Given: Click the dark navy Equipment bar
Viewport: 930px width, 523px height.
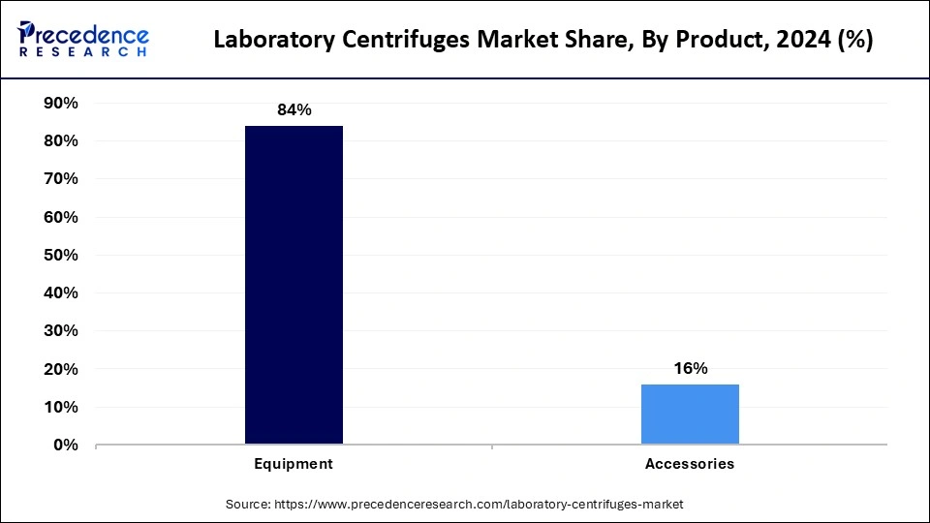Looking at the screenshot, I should pos(294,285).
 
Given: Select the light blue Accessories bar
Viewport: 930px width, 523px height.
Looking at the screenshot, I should pos(690,414).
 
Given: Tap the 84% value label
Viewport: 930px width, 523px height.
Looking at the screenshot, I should pos(294,110).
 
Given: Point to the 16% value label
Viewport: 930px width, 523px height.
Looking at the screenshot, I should pos(690,368).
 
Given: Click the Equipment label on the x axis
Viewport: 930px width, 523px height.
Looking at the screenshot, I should pos(294,464).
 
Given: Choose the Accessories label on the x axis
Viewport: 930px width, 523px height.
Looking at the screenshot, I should pos(690,464).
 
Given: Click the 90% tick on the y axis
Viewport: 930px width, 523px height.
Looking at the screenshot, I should pos(61,103).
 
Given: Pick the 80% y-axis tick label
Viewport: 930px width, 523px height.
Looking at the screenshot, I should pos(61,141).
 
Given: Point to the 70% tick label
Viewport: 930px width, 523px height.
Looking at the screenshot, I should pos(61,179).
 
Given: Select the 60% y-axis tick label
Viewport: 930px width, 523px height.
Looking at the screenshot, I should pos(61,217).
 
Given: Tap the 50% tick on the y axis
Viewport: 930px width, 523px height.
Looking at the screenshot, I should pos(61,255).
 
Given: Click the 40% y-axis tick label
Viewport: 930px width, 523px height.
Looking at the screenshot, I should pos(61,293).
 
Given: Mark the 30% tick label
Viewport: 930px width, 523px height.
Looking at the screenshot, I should pos(61,331).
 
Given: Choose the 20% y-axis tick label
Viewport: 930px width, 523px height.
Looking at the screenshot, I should pos(61,369).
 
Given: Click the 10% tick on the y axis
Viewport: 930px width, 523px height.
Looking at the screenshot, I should pos(61,408).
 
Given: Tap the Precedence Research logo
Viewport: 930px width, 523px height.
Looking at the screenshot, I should pos(83,39).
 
